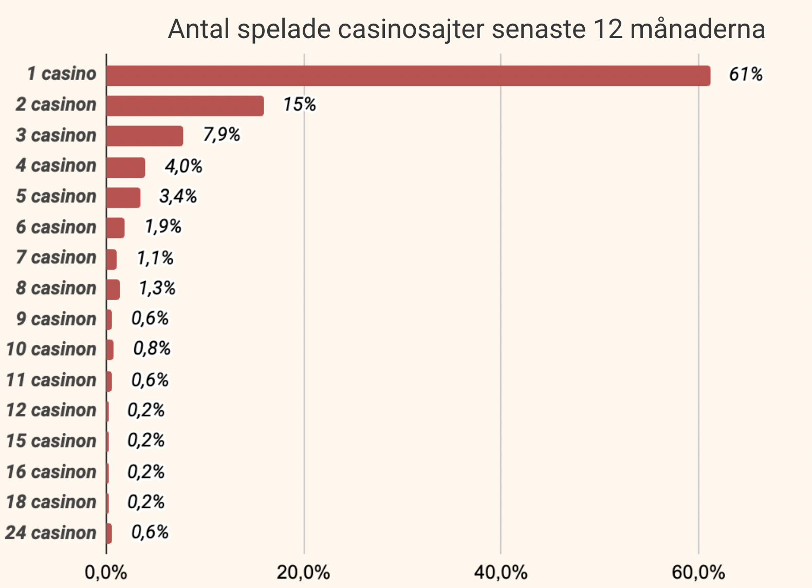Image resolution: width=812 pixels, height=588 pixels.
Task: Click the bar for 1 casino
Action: pos(408,76)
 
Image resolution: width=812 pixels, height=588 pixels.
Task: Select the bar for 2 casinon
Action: pos(185,106)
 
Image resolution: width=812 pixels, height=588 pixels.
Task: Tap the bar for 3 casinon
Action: pos(144,136)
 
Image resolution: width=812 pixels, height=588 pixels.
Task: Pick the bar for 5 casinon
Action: pos(123,197)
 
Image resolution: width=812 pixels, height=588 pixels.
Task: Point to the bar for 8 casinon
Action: pos(113,289)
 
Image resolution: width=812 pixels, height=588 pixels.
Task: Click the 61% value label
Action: pos(746,75)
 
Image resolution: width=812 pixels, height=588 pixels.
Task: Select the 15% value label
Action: pos(299,105)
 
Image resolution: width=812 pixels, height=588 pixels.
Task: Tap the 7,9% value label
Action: pos(222,135)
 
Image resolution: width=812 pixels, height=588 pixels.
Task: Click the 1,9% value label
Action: pos(163,227)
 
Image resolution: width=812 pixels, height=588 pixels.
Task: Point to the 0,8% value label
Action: pos(152,349)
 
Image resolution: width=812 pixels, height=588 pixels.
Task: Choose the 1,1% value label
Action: pos(155,258)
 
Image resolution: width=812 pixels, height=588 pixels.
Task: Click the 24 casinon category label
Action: pos(50,533)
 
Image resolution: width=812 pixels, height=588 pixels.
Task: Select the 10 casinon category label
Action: pos(51,350)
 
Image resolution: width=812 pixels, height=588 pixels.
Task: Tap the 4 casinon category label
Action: pos(56,166)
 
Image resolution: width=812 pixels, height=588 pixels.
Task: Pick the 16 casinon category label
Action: pos(51,472)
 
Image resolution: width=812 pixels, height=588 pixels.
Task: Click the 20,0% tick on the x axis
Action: pos(303,572)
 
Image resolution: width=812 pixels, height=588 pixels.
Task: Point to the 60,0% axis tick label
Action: pos(698,572)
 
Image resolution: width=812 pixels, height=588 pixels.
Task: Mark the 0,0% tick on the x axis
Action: pos(106,572)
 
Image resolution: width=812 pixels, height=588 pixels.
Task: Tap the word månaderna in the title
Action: pos(697,29)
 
